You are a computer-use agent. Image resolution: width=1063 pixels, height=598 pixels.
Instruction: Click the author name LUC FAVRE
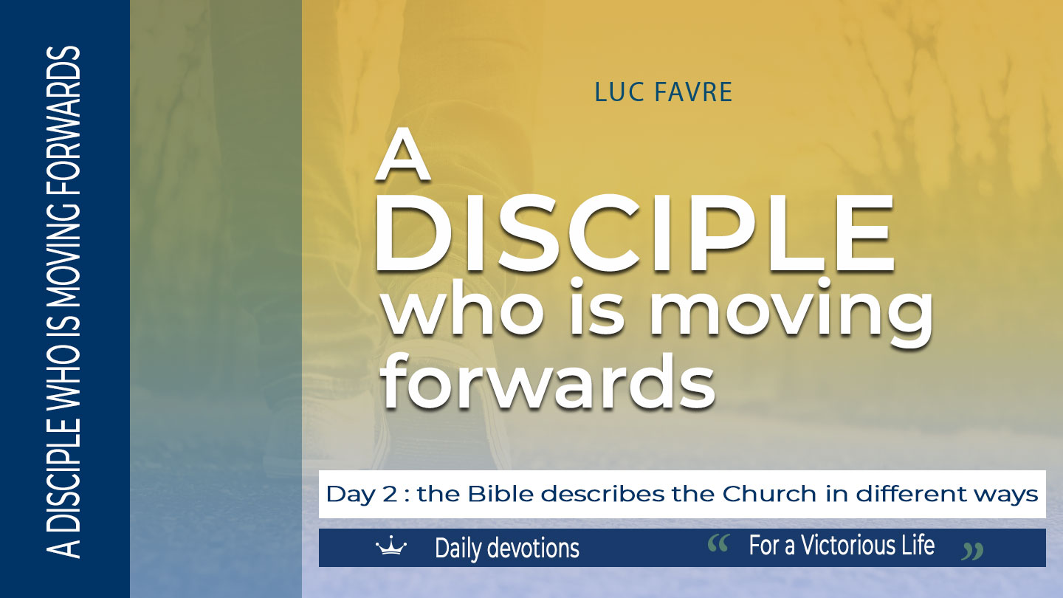pos(664,92)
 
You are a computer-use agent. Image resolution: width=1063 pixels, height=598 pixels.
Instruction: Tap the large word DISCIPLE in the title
pos(635,233)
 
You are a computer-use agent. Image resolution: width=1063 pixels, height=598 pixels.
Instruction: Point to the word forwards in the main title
pos(548,381)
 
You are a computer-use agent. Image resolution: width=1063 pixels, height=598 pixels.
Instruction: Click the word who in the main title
pos(463,308)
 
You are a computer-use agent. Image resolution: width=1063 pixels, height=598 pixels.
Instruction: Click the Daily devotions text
pos(507,548)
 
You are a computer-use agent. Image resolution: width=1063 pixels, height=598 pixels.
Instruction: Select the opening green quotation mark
pos(718,543)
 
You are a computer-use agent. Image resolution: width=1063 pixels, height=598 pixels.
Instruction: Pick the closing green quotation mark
pos(972,551)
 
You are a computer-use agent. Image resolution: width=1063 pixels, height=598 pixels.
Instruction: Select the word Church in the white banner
pos(769,494)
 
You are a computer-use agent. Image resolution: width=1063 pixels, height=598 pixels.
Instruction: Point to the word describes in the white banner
pos(603,494)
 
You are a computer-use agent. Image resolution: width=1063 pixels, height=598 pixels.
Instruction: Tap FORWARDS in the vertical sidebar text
pos(63,122)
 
